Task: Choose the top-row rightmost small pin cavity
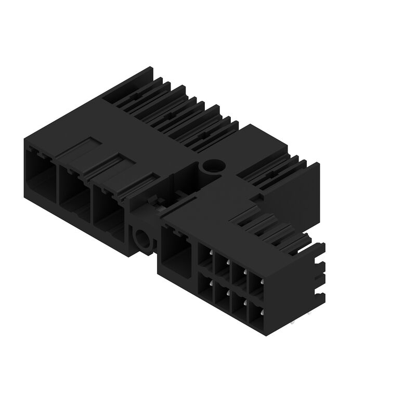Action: (x=256, y=283)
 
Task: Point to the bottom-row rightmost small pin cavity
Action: (x=256, y=314)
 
